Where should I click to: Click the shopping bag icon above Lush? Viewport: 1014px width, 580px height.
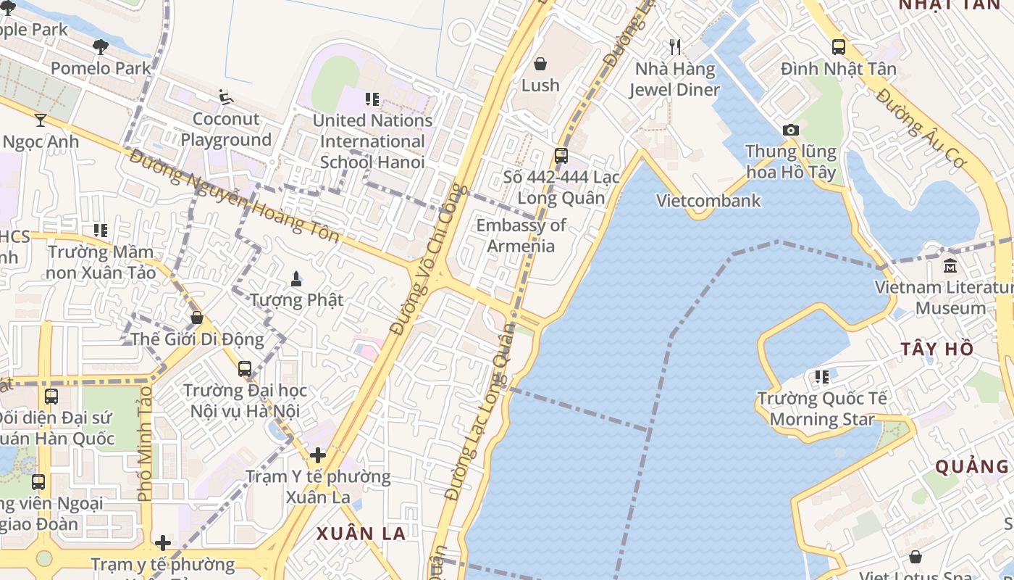(540, 64)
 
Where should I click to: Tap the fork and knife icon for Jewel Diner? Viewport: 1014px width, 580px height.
(675, 47)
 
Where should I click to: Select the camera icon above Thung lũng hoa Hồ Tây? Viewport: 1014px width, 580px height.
(791, 130)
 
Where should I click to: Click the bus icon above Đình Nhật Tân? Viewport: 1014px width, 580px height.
(839, 47)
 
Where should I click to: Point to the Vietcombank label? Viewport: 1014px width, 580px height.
(708, 201)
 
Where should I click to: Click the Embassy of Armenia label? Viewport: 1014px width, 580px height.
(521, 236)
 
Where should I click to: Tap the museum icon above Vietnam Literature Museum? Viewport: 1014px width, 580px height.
(950, 265)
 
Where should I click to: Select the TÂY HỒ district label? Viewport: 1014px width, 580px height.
(937, 349)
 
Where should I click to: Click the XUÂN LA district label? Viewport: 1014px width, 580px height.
(361, 534)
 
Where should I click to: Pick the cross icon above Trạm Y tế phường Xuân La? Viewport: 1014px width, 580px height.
(317, 455)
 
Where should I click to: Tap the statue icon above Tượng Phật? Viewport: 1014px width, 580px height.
(296, 278)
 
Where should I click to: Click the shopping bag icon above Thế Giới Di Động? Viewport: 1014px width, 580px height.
(196, 318)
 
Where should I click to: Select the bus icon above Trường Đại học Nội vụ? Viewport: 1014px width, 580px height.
(245, 368)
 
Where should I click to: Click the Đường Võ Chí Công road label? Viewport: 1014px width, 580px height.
(430, 259)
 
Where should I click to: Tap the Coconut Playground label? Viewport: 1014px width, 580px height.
(226, 129)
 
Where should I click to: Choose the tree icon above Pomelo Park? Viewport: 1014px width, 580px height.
(101, 47)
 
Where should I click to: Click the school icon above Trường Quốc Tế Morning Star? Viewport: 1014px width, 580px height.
(822, 377)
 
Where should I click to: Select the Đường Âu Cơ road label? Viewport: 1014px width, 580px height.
(920, 128)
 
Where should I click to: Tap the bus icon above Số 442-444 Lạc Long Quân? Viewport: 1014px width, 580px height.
(561, 155)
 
